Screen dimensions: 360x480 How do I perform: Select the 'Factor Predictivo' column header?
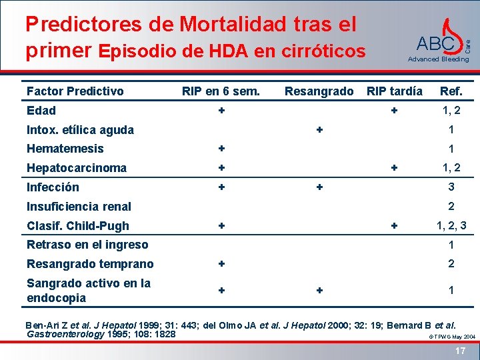tap(75, 91)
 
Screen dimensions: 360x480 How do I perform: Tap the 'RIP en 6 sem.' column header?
tap(221, 91)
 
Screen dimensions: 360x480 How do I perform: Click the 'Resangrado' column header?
tap(319, 91)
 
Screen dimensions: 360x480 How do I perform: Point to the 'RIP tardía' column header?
tap(395, 91)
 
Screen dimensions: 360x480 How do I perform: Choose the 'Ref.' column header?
tap(451, 91)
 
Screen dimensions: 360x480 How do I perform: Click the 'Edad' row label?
tap(41, 111)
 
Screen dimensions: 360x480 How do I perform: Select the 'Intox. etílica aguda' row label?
tap(80, 130)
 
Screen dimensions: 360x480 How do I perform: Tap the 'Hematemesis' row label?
tap(65, 149)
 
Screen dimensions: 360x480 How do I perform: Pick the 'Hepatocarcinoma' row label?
tap(76, 168)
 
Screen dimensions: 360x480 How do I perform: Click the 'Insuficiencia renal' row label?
tap(79, 207)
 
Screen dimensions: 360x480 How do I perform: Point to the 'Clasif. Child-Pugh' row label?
tap(77, 226)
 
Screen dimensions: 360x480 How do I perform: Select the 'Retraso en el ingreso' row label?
tap(87, 245)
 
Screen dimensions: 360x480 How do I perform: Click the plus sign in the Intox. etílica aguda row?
tap(319, 129)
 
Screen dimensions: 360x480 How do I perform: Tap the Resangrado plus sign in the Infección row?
tap(319, 187)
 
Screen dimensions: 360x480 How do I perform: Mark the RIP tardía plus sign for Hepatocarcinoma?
tap(395, 168)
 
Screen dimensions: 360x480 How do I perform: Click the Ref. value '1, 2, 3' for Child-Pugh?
tap(451, 226)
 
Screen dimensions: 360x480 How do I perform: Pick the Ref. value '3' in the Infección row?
tap(451, 187)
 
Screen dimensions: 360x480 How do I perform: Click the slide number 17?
tap(460, 351)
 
